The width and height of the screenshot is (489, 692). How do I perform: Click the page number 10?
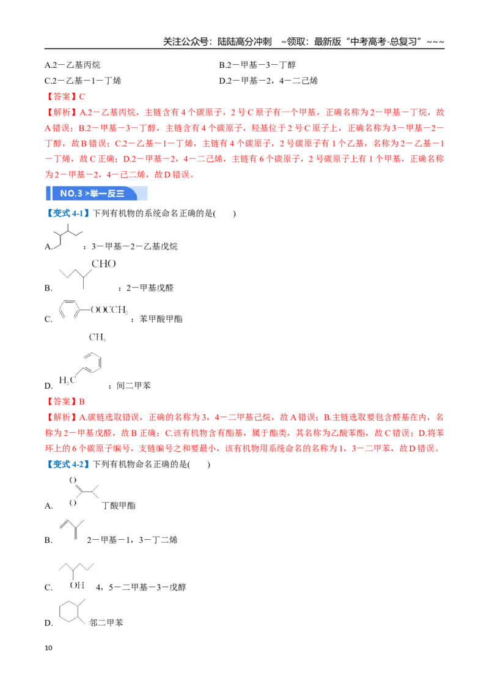48,648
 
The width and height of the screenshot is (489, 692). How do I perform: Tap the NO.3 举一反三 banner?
97,193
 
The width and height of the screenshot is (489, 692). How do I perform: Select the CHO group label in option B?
104,264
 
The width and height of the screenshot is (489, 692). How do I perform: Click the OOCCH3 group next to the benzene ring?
109,310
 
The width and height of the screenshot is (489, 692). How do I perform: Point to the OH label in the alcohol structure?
77,585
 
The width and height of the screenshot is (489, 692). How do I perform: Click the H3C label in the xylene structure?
67,380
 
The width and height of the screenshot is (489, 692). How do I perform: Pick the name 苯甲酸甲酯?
161,318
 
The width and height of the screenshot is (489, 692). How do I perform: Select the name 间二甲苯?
133,385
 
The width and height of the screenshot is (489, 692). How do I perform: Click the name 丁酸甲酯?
119,506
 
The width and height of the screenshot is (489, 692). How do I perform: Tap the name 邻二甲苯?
106,622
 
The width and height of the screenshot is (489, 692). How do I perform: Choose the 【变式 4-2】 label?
67,464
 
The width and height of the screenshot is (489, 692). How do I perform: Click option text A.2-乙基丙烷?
72,65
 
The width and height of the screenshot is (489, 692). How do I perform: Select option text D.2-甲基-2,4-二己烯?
268,81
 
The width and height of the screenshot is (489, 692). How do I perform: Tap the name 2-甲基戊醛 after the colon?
150,288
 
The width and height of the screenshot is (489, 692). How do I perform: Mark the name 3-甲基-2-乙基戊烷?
134,246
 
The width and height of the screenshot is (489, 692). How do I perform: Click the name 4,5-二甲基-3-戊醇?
141,587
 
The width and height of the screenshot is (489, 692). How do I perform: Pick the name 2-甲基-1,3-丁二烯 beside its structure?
132,539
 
